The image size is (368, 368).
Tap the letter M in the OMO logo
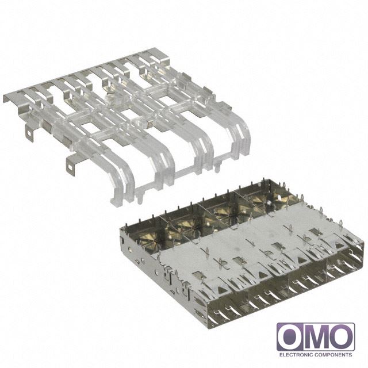pyautogui.click(x=317, y=337)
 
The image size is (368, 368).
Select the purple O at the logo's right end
pyautogui.click(x=342, y=337)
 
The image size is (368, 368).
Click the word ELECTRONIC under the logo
pyautogui.click(x=296, y=354)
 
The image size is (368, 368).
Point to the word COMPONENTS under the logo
pyautogui.click(x=333, y=354)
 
